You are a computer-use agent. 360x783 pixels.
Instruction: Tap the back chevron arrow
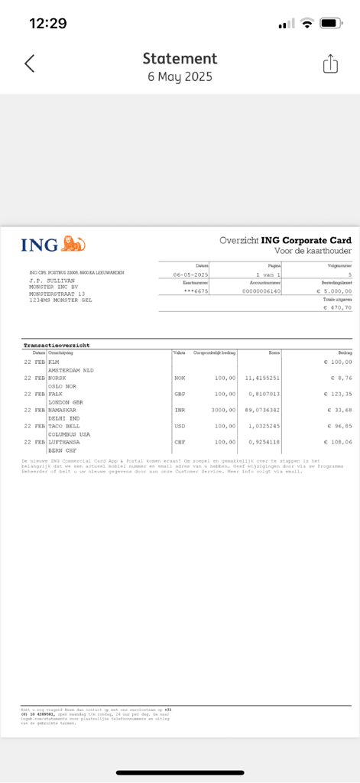pos(29,63)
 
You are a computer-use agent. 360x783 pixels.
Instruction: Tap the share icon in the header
pos(330,64)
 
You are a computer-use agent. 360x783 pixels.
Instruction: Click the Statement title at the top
pos(180,59)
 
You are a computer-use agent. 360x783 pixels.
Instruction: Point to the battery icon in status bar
pos(331,24)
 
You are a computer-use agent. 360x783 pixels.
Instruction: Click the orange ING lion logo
pos(73,244)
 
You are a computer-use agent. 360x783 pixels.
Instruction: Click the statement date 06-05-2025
pos(191,274)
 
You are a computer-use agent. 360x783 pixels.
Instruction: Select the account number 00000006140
pos(261,291)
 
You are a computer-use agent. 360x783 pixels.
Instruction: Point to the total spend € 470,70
pos(338,307)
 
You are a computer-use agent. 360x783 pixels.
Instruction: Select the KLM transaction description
pos(54,362)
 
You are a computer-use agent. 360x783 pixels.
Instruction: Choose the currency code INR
pos(180,410)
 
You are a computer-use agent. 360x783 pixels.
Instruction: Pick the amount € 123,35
pos(337,394)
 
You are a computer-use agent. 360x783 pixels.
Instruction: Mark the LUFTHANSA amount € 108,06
pos(337,442)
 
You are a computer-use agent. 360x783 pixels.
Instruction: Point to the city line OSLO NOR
pos(63,385)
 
